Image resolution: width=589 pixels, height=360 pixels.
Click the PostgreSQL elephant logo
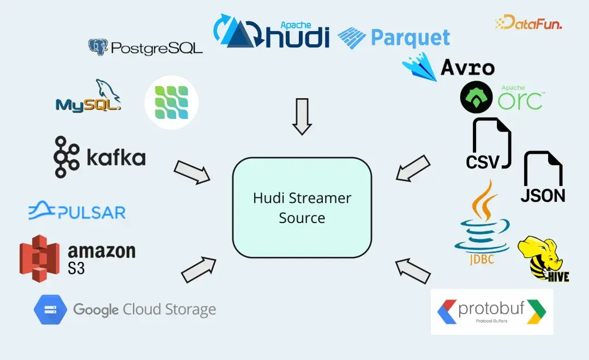click(x=98, y=47)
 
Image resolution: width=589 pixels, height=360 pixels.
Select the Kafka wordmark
click(x=116, y=158)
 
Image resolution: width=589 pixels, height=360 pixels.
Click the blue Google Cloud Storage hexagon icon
click(x=50, y=310)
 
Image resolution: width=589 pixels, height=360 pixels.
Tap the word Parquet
click(x=410, y=38)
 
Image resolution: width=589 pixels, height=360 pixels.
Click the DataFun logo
click(x=528, y=23)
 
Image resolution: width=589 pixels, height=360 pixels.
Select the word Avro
click(x=467, y=68)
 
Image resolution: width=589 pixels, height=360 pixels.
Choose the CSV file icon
click(x=491, y=143)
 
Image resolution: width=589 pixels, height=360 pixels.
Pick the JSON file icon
click(x=543, y=177)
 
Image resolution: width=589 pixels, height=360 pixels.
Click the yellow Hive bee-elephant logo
click(x=543, y=259)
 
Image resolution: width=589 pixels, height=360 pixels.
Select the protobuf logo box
click(x=491, y=311)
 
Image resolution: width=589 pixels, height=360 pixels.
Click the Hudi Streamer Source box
click(x=302, y=208)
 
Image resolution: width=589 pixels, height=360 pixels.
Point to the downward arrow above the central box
click(x=302, y=116)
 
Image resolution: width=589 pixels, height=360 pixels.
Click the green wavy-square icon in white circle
click(x=171, y=102)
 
